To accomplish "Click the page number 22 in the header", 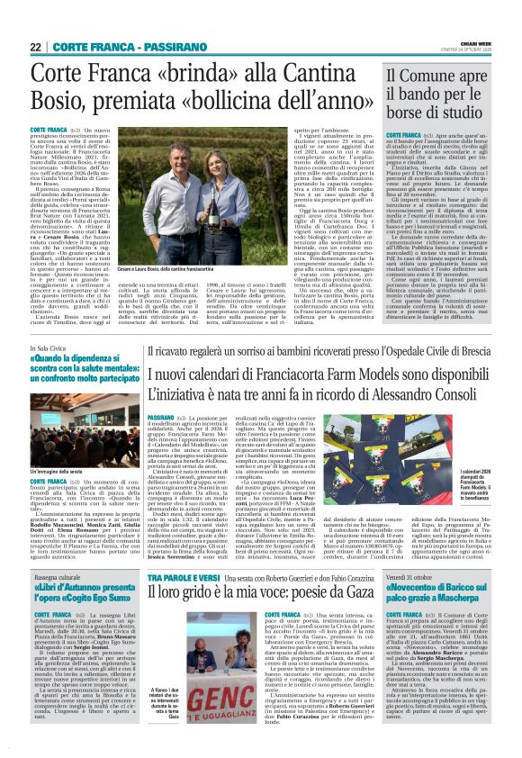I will [x=35, y=47].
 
